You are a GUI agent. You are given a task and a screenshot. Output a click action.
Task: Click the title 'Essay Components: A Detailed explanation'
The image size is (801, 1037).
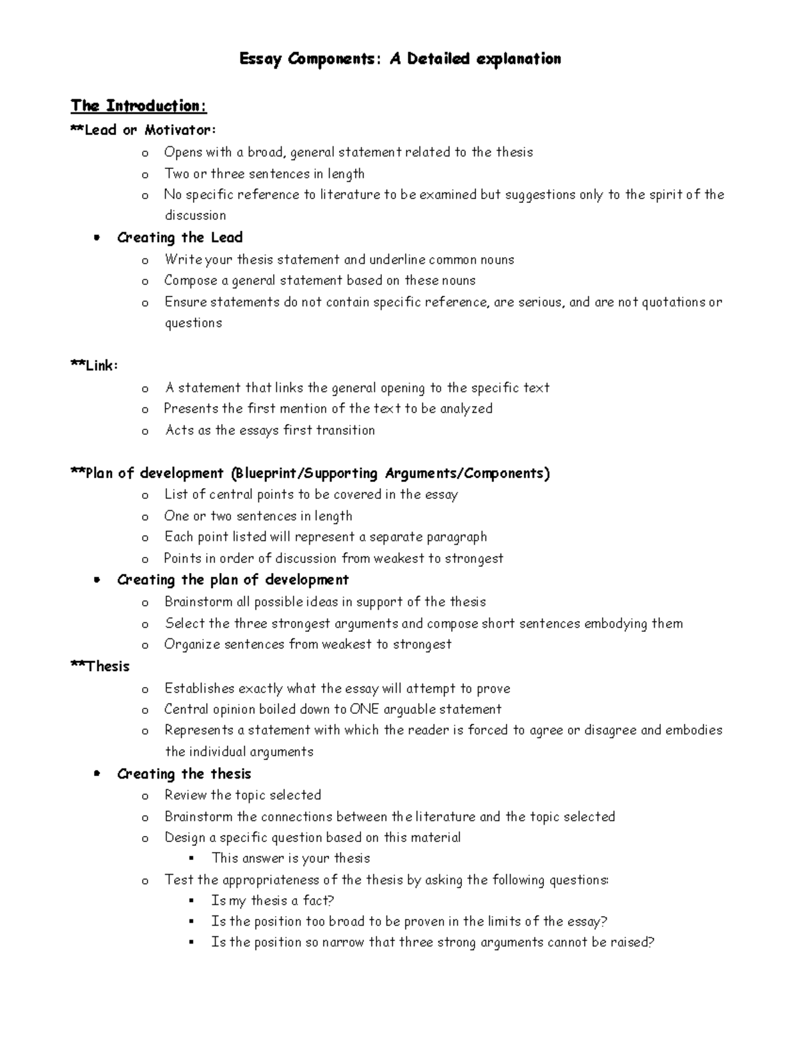400,59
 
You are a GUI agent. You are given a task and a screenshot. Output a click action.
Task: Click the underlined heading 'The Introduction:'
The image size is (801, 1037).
139,106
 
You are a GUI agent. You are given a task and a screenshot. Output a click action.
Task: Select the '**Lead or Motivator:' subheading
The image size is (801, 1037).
144,130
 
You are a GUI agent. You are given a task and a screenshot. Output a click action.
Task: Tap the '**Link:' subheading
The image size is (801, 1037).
94,366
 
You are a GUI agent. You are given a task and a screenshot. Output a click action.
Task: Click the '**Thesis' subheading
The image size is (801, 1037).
100,666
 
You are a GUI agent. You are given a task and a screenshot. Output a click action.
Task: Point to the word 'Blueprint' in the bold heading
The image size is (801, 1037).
266,473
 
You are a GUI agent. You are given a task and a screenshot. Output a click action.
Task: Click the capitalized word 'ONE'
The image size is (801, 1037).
364,709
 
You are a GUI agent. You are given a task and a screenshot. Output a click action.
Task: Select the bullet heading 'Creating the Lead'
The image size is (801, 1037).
180,238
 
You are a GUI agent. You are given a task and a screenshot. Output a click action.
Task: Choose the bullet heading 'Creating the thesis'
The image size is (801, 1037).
184,774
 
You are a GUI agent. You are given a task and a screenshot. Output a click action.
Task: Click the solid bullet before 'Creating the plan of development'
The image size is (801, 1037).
97,580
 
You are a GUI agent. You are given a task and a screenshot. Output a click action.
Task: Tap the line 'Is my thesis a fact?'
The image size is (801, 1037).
272,901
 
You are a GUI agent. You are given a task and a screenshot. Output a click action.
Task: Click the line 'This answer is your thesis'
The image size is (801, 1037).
290,858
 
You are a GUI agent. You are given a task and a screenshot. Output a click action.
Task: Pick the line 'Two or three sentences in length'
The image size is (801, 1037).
264,174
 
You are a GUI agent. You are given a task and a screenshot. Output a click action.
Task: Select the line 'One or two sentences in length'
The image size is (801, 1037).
258,516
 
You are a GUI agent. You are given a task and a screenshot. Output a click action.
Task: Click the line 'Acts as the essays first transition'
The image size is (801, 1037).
270,431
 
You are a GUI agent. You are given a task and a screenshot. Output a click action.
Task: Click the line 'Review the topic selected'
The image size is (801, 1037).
242,795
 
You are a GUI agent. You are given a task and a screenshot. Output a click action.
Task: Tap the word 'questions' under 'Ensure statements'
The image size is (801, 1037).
194,324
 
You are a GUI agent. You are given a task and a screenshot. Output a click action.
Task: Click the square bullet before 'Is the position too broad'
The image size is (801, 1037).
192,921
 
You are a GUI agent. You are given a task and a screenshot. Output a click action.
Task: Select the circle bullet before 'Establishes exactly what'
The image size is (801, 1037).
145,689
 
